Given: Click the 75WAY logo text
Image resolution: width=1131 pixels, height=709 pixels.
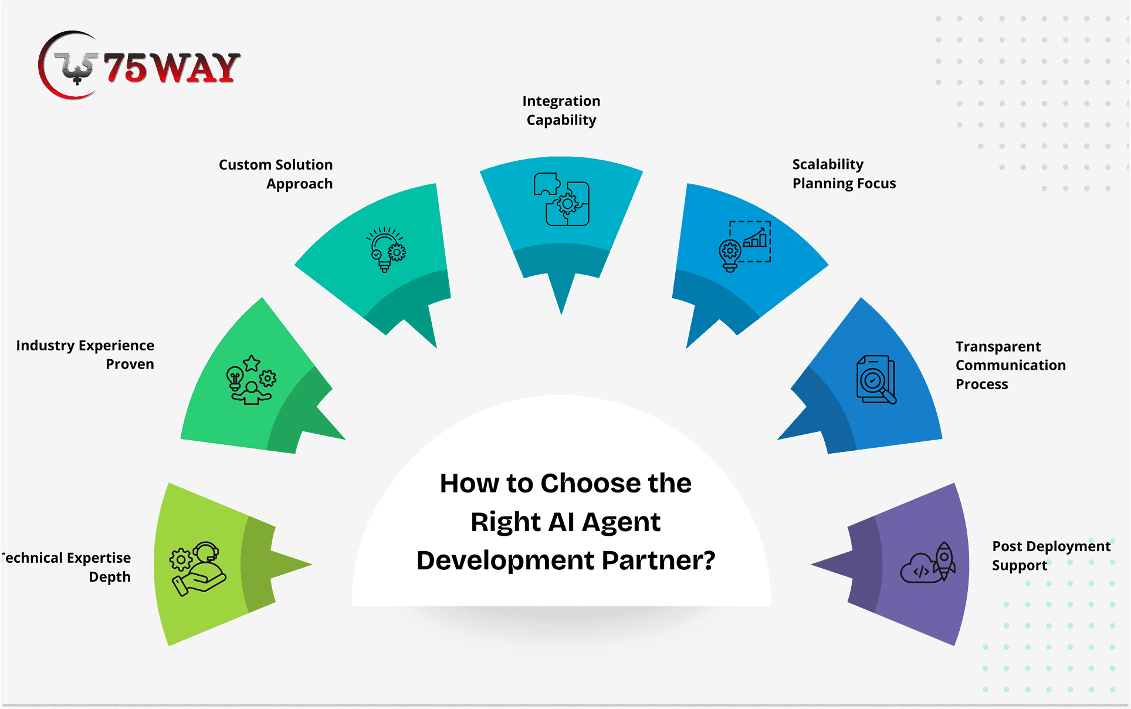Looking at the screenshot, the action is [172, 67].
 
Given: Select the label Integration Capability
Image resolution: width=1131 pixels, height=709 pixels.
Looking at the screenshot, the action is [561, 110].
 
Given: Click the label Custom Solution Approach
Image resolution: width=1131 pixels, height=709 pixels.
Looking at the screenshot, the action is [276, 174].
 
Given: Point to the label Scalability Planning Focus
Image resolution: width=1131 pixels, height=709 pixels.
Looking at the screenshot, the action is [844, 174].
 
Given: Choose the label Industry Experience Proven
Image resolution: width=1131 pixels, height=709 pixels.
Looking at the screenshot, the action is [85, 354].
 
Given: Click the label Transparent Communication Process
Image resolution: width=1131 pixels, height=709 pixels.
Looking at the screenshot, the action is [1010, 365].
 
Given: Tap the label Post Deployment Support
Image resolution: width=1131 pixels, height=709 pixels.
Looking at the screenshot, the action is [1051, 556].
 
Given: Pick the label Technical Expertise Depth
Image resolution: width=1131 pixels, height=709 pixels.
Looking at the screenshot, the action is [66, 567].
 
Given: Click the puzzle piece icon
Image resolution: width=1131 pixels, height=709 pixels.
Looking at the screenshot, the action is [561, 199].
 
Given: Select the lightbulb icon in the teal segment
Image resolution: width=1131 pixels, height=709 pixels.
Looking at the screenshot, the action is [386, 249].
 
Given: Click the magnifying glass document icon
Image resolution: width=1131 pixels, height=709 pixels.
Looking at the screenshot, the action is [876, 380].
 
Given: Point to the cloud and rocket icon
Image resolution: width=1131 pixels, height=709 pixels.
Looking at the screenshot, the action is [928, 562].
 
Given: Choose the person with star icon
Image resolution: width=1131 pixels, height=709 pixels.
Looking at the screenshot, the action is [251, 380].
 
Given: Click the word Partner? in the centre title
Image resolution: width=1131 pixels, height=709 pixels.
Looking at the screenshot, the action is [659, 561].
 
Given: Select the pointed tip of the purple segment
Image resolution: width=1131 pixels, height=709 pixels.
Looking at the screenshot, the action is [811, 565].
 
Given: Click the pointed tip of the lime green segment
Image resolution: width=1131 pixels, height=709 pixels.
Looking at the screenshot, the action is [312, 565].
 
